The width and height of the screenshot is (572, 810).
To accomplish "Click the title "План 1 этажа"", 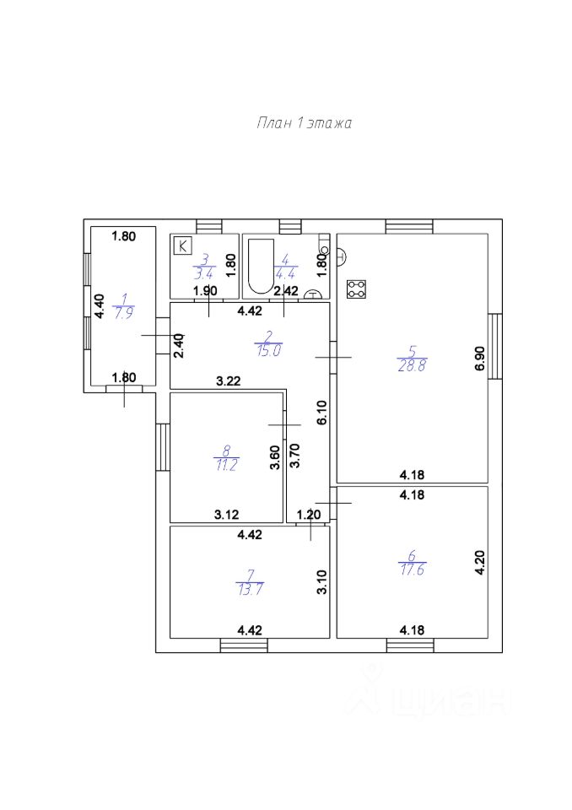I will tap(304, 123).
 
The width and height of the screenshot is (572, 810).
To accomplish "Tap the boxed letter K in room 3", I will tap(182, 246).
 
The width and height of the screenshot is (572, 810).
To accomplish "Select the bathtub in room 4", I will tap(258, 267).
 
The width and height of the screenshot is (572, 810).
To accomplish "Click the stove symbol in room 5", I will tap(357, 289).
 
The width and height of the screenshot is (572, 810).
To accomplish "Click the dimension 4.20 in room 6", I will tap(480, 562).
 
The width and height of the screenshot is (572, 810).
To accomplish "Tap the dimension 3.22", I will tap(229, 381).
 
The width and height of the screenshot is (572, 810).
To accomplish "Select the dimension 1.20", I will tap(309, 514).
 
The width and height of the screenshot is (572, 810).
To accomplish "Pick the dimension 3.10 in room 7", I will tap(321, 582).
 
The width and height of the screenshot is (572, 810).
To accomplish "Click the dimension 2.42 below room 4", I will tap(286, 291).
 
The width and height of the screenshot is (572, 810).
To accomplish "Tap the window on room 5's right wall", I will tap(495, 346).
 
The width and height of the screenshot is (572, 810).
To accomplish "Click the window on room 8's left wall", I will tap(163, 447).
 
